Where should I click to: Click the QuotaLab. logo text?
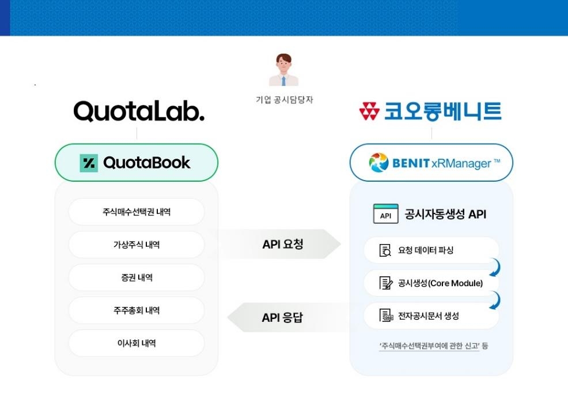[x=139, y=111]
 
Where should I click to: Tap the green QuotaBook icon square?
[x=89, y=163]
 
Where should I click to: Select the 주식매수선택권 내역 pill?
[x=136, y=212]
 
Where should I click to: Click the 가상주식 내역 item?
[x=136, y=245]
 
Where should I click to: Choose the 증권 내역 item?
[x=136, y=277]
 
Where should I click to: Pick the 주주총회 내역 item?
[x=136, y=310]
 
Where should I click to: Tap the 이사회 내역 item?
[x=136, y=343]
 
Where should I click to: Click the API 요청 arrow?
[x=281, y=244]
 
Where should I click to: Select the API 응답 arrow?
[x=286, y=317]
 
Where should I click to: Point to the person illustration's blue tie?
[x=283, y=81]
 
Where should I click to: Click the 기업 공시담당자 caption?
[x=285, y=100]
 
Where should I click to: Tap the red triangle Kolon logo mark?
[x=369, y=111]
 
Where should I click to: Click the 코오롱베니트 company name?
[x=442, y=111]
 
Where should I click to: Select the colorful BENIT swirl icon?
[x=378, y=163]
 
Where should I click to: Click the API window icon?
[x=386, y=213]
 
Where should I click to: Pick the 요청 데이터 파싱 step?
[x=431, y=250]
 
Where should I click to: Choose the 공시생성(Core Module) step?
[x=431, y=283]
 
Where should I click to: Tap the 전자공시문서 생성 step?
[x=431, y=316]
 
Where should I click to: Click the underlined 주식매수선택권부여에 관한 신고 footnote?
[x=430, y=346]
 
